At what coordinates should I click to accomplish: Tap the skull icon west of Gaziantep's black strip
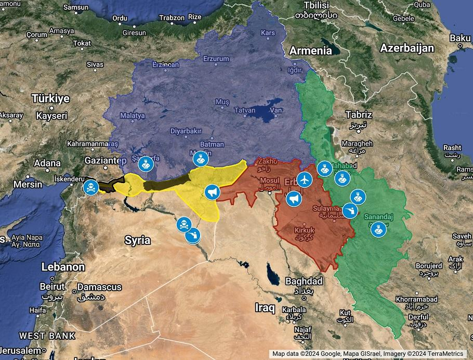(x=90, y=187)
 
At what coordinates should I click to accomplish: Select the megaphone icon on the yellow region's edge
(x=211, y=192)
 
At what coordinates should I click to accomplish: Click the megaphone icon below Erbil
(x=294, y=199)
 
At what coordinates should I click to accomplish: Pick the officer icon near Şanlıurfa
(x=146, y=164)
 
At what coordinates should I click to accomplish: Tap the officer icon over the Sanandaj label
(x=378, y=229)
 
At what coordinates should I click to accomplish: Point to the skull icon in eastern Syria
(x=183, y=224)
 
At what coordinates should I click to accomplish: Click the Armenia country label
(x=310, y=50)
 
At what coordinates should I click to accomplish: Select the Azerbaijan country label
(x=407, y=48)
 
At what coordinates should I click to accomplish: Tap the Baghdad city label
(x=304, y=281)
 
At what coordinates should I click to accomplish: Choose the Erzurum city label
(x=215, y=59)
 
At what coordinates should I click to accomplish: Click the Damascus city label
(x=99, y=287)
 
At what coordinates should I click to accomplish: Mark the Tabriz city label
(x=359, y=115)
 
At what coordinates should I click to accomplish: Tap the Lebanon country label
(x=63, y=267)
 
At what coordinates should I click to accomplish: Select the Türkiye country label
(x=50, y=98)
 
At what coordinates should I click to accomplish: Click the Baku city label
(x=459, y=37)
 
